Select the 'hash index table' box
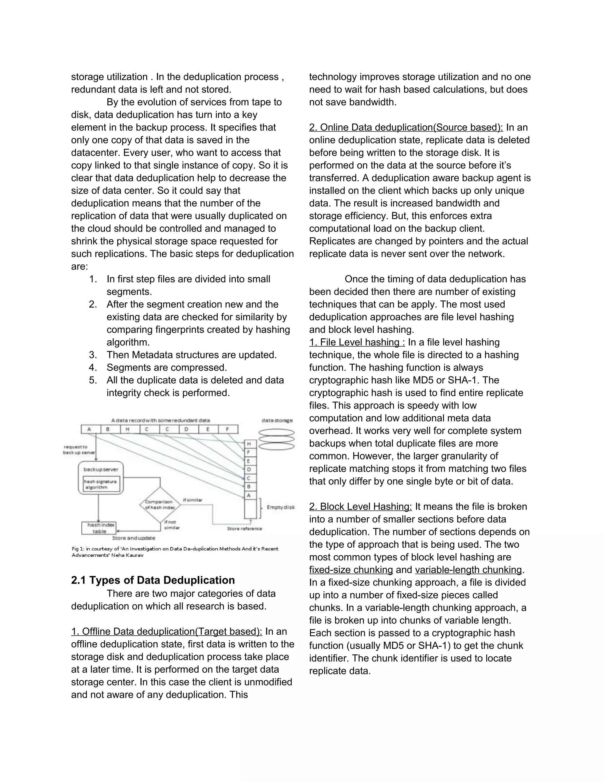[x=99, y=528]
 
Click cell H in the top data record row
[x=127, y=429]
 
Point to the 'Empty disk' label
[x=280, y=507]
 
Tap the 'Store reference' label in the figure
[x=244, y=529]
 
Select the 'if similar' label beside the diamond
[x=193, y=500]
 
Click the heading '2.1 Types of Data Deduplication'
[x=153, y=580]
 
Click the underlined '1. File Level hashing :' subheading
[x=357, y=342]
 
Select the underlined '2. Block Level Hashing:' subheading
[x=360, y=507]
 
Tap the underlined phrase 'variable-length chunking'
[x=468, y=570]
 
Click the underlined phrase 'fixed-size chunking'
[x=351, y=570]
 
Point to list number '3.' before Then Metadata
[x=93, y=355]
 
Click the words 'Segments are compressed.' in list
[x=167, y=368]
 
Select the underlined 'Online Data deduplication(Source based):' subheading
[x=406, y=127]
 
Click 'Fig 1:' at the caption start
[x=78, y=549]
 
